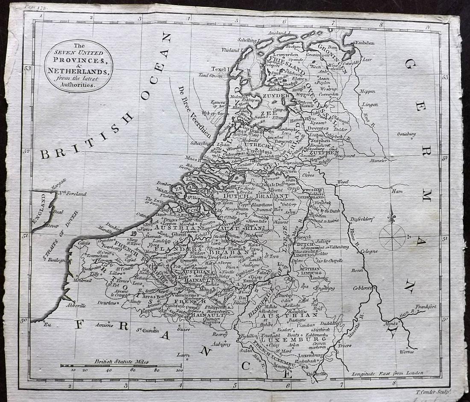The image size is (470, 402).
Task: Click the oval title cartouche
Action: (x=78, y=66)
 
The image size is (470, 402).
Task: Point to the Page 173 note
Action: (x=36, y=7)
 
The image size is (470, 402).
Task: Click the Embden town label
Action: (x=364, y=43)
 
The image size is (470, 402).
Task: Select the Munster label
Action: (x=378, y=160)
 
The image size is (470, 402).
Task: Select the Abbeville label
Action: (x=76, y=305)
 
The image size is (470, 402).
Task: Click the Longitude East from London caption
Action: (x=387, y=373)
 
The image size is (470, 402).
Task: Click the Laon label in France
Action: (x=183, y=355)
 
